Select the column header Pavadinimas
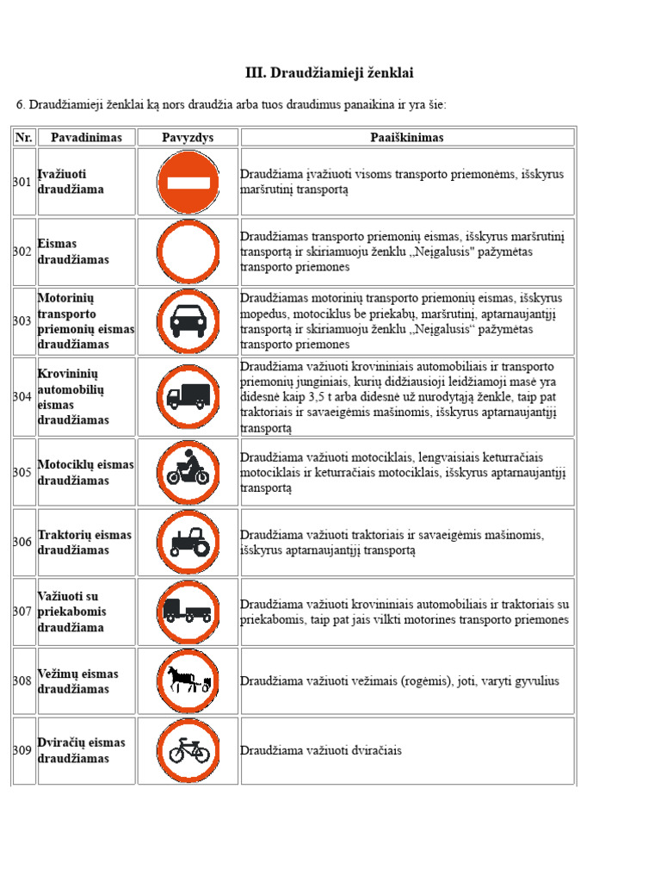tap(86, 137)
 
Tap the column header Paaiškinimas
tap(407, 137)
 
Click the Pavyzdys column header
tap(188, 137)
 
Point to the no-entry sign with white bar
tap(188, 182)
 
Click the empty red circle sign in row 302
tap(188, 252)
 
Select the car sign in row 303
tap(188, 321)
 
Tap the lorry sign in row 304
tap(188, 396)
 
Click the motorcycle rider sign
tap(188, 472)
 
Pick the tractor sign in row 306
tap(188, 542)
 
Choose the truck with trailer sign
tap(188, 612)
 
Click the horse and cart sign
tap(188, 680)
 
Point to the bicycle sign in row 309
tap(188, 750)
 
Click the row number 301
tap(22, 182)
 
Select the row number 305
tap(22, 472)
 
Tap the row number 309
tap(22, 750)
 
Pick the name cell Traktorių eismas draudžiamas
tap(84, 542)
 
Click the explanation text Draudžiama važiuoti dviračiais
tap(321, 750)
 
